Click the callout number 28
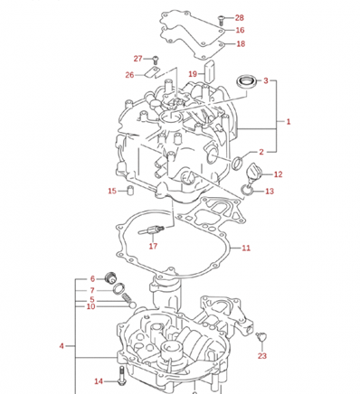point(239,18)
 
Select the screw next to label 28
point(221,20)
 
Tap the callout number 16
point(240,30)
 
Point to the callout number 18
point(241,44)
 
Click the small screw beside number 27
point(156,60)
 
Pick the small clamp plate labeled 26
point(152,72)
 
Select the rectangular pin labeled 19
point(210,70)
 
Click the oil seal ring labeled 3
point(247,81)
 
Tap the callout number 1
point(289,122)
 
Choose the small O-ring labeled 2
point(237,163)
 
